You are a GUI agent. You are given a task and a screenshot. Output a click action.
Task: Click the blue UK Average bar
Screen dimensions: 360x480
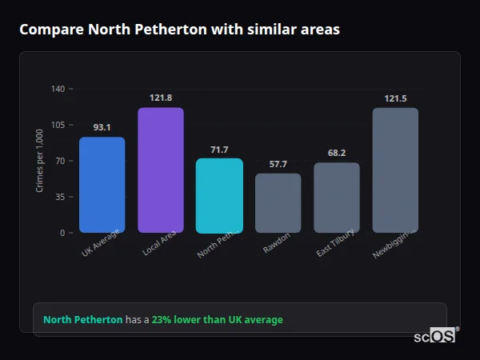(x=102, y=185)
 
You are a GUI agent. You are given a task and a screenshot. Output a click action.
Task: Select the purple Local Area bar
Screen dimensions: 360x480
(x=161, y=170)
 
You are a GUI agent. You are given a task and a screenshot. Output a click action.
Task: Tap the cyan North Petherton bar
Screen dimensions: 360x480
(x=219, y=195)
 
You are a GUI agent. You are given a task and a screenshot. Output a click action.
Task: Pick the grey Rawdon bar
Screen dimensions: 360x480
(x=278, y=203)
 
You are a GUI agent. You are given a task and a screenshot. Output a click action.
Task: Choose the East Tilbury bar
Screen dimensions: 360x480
(x=337, y=198)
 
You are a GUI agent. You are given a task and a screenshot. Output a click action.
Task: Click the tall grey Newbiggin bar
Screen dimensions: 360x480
(x=395, y=170)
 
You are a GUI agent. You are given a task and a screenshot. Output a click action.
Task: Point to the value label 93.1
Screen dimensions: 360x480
(x=102, y=127)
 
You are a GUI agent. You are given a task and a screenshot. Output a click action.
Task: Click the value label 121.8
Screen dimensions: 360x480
(x=161, y=98)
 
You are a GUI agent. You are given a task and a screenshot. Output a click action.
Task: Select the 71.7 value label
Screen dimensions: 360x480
(x=219, y=150)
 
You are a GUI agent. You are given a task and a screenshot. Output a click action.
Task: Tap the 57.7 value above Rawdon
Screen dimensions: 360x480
(x=278, y=164)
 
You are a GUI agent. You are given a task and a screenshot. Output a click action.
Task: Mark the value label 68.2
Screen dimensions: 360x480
(x=337, y=153)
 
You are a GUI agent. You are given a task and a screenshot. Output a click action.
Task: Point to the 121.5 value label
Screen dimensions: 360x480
(x=395, y=98)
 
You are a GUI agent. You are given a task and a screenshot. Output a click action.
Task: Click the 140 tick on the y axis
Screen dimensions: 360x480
(x=57, y=89)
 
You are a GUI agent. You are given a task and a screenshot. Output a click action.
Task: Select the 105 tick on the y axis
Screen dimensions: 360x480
(x=57, y=125)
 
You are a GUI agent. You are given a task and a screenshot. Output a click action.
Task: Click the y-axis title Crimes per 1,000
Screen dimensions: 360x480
(x=40, y=161)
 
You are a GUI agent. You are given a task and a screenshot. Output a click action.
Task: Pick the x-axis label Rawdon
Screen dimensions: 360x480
(x=277, y=243)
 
